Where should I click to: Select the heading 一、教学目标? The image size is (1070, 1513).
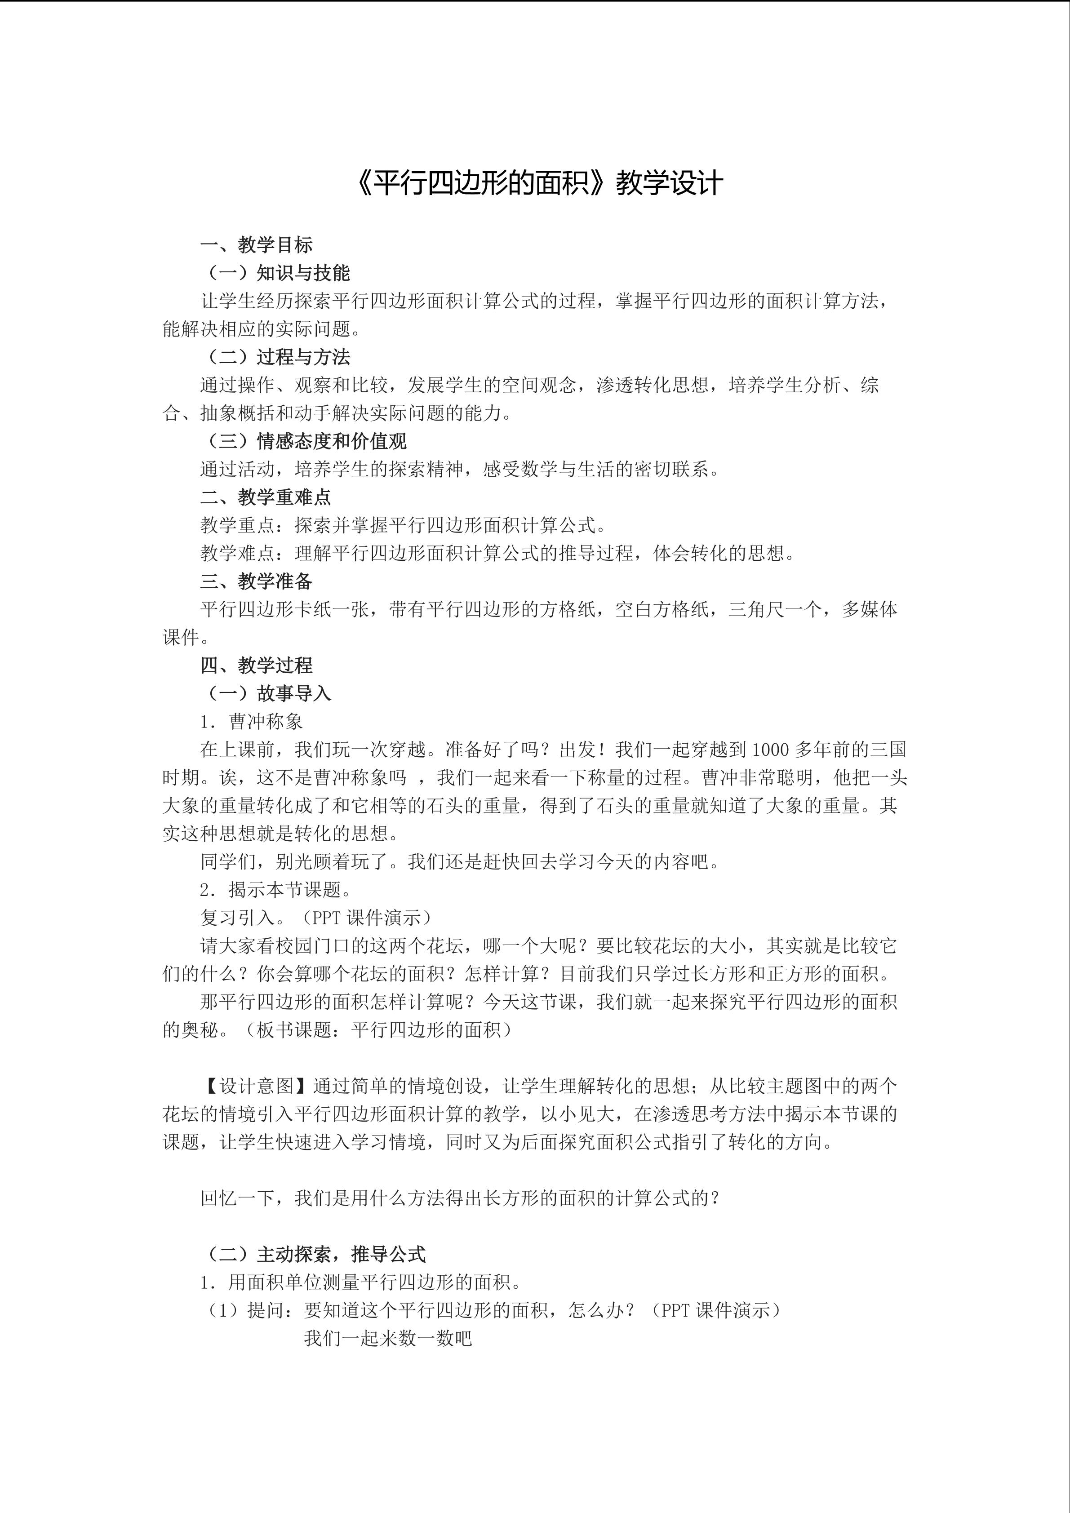pos(256,245)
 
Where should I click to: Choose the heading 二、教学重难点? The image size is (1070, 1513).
pos(266,497)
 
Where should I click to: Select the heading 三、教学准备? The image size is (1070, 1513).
pos(256,581)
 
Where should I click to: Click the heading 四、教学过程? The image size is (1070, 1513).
pos(256,665)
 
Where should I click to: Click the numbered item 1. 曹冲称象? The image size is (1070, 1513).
pos(252,722)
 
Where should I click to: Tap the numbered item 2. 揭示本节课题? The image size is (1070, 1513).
pos(276,890)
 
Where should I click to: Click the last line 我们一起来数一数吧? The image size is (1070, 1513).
pos(388,1338)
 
